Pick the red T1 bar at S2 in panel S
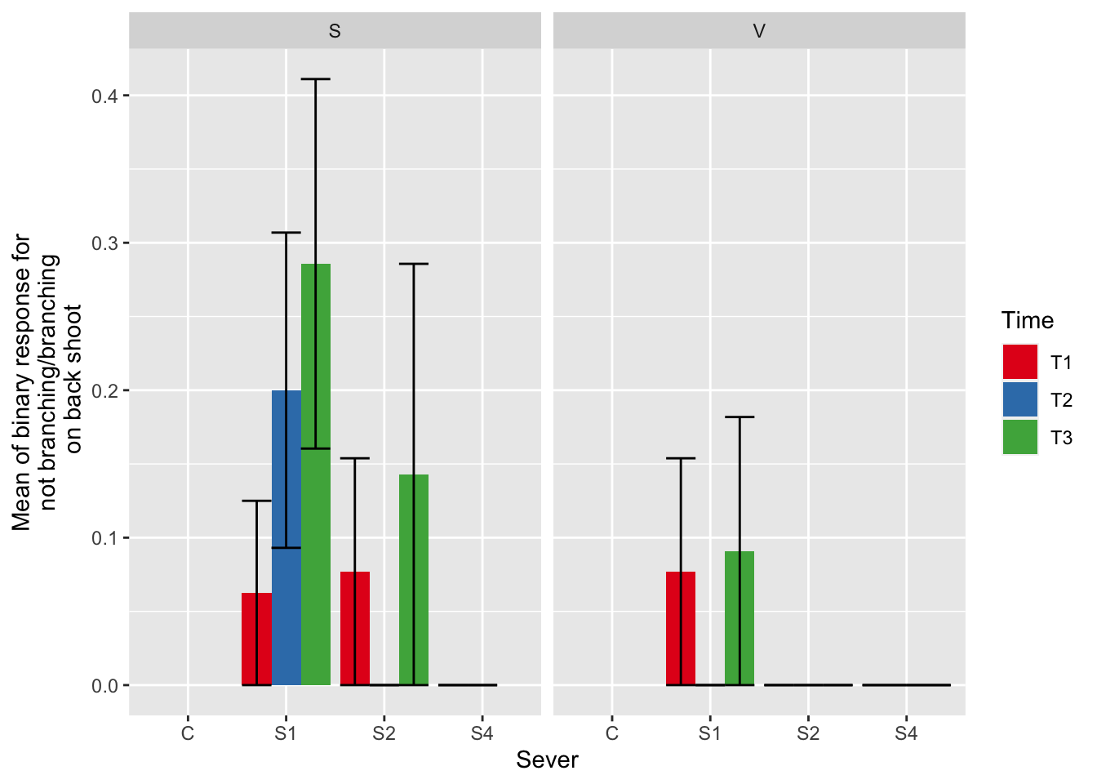pos(354,628)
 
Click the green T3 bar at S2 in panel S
pos(414,580)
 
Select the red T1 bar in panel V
pos(681,628)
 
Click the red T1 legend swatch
pos(1019,362)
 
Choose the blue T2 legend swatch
pos(1019,399)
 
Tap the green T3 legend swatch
pos(1019,437)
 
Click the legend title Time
pos(1028,320)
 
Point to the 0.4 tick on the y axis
pos(105,96)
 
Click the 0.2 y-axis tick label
pos(105,390)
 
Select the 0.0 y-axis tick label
pos(105,685)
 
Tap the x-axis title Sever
pos(547,759)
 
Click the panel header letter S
pos(335,31)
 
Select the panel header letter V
pos(759,31)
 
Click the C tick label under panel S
pos(188,733)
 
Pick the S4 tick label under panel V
pos(906,733)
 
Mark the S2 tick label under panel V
pos(808,733)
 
